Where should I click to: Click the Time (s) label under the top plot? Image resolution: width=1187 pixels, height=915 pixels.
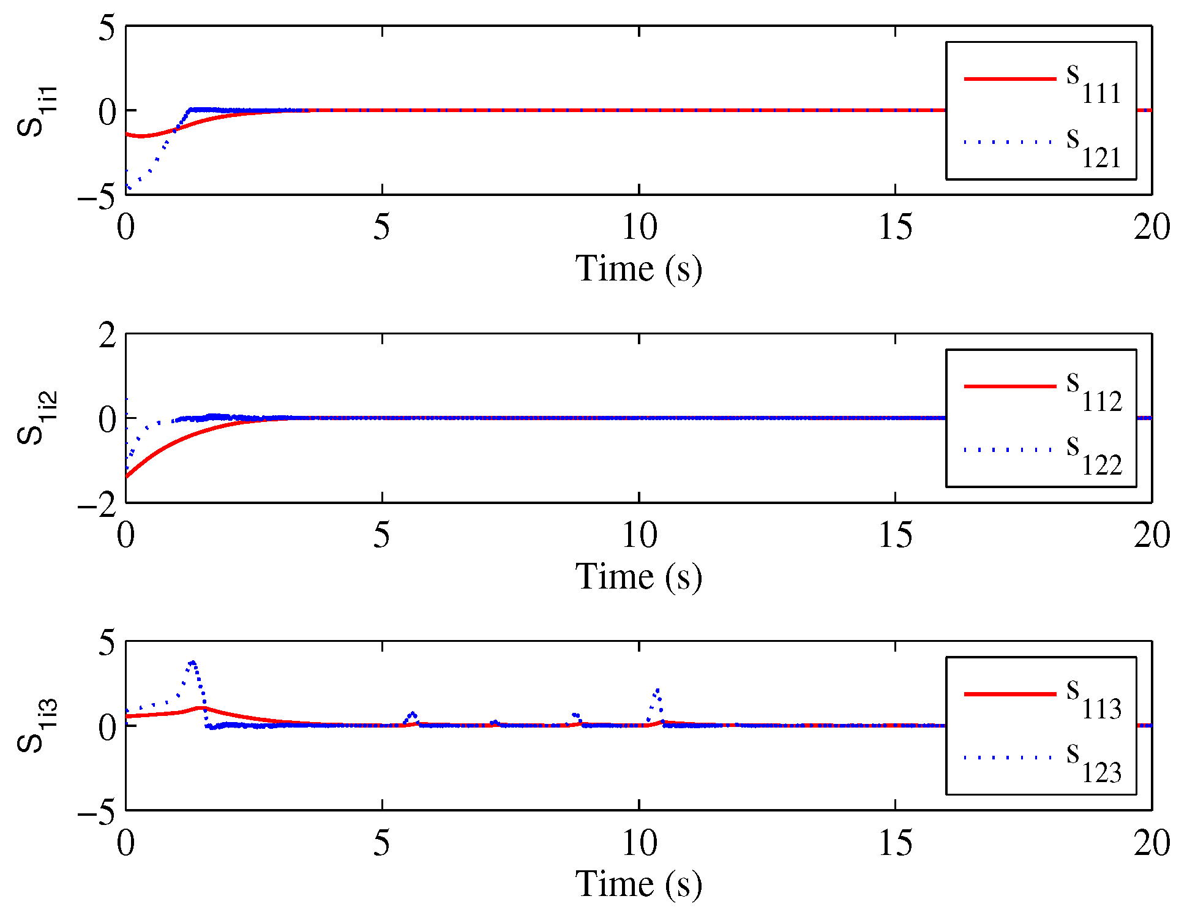click(638, 269)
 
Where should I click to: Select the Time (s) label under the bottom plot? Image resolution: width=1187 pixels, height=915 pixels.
click(638, 884)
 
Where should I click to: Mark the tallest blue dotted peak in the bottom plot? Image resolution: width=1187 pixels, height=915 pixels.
click(193, 663)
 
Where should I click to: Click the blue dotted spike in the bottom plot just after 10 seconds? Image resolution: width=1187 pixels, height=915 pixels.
click(657, 691)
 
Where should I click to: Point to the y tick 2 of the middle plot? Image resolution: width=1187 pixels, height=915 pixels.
click(107, 336)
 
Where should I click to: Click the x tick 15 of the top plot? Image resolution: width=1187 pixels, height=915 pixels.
click(895, 228)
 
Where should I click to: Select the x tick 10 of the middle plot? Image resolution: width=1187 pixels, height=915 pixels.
click(639, 535)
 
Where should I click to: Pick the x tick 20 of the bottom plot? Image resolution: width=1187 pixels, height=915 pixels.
click(1151, 843)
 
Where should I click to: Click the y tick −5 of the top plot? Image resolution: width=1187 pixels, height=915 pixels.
click(98, 197)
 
